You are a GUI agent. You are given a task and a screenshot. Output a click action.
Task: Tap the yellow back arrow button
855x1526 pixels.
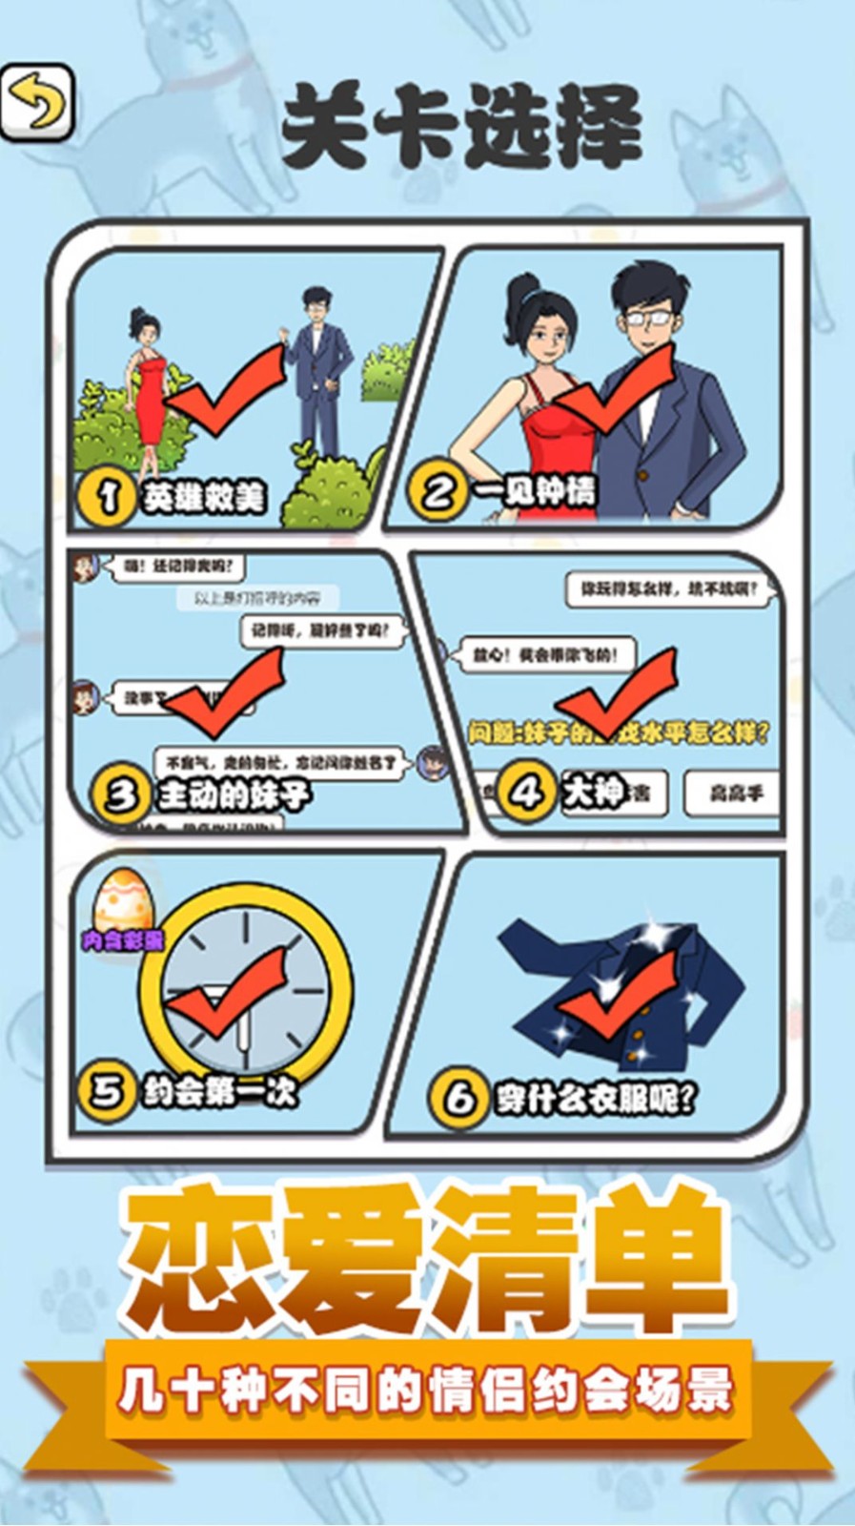click(37, 102)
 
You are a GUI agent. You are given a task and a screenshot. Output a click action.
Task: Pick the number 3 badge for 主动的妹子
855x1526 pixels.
click(122, 794)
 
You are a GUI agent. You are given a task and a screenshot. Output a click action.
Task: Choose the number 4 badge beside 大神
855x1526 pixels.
click(527, 791)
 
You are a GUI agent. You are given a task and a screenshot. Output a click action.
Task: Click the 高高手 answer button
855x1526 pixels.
click(735, 793)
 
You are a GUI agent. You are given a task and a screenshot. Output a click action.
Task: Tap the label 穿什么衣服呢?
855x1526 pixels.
click(595, 1099)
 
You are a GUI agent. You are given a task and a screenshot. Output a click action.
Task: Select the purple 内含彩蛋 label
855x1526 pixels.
click(123, 941)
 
